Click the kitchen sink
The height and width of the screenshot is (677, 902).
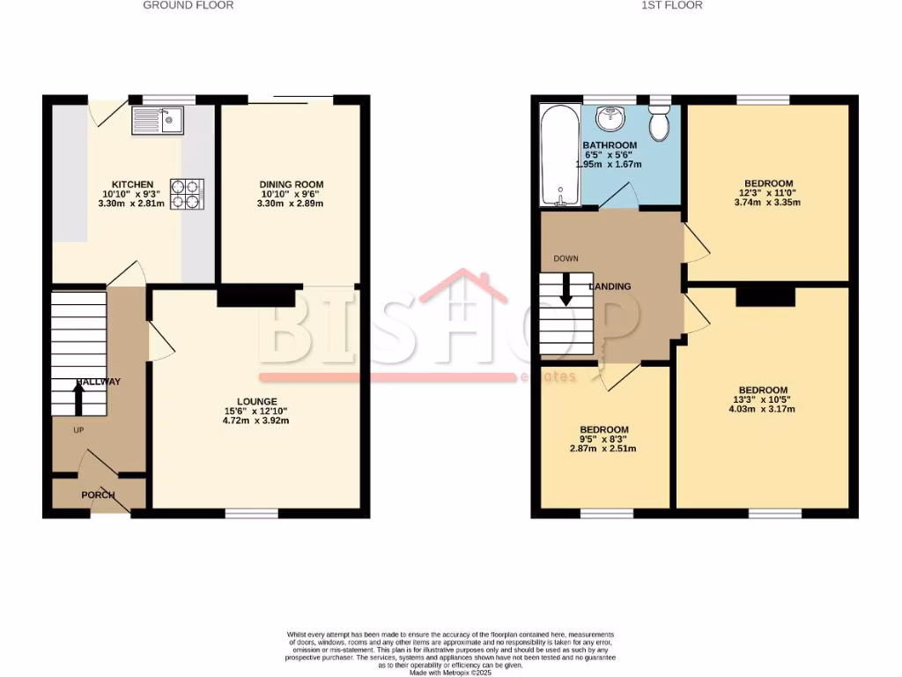[x=157, y=120]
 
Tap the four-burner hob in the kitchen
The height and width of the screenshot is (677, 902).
[x=187, y=193]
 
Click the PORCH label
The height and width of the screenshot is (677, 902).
[x=98, y=495]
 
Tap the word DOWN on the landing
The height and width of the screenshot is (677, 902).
[x=565, y=259]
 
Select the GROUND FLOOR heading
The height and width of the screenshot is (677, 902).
[x=189, y=5]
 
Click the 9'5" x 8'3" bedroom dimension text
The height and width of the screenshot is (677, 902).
[x=604, y=439]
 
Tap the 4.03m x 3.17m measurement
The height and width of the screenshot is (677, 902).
[x=762, y=409]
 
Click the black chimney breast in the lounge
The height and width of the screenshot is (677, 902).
[x=255, y=296]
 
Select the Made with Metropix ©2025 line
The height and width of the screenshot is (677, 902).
[x=450, y=672]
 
